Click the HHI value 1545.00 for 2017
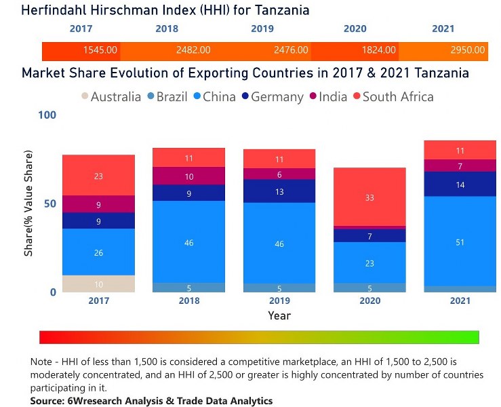tap(100, 50)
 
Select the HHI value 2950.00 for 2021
tap(468, 50)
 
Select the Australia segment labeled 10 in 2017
tap(98, 284)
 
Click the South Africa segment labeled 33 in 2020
tap(369, 197)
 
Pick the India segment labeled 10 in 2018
tap(188, 176)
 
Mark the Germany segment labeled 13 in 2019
tap(279, 191)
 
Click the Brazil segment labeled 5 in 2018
tap(188, 288)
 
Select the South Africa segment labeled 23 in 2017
tap(98, 176)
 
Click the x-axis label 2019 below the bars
tap(279, 301)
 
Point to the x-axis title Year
tap(279, 315)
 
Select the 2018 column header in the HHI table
tap(167, 29)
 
